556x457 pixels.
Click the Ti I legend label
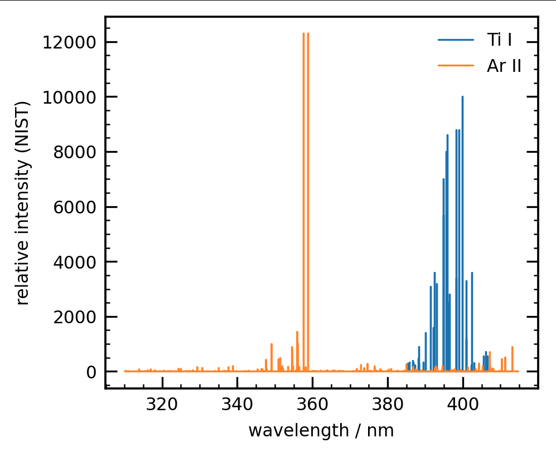[x=500, y=40]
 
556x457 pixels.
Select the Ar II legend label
[x=504, y=66]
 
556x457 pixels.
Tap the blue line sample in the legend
[x=456, y=40]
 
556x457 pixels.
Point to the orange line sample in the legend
[x=456, y=66]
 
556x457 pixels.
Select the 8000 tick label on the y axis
[x=72, y=152]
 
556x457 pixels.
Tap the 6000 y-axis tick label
[x=72, y=207]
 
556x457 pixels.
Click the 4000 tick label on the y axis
[x=72, y=262]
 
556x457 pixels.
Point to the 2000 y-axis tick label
[x=72, y=317]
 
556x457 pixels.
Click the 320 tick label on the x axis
[x=162, y=403]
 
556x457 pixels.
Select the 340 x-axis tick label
[x=238, y=403]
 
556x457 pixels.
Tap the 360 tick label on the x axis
[x=312, y=403]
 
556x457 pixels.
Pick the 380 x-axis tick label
[x=388, y=403]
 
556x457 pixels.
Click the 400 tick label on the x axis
[x=463, y=403]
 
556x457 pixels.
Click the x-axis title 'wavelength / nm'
[x=321, y=431]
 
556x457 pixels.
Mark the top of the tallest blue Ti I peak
[x=462, y=97]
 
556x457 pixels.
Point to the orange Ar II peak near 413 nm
[x=512, y=348]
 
